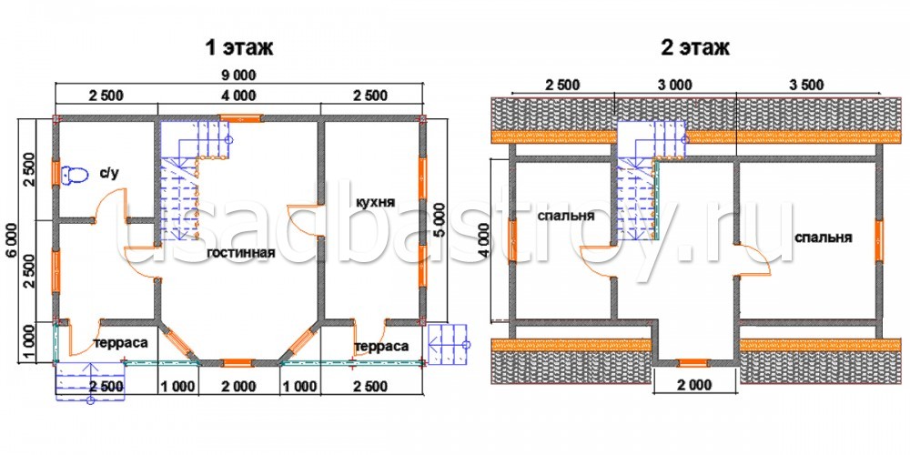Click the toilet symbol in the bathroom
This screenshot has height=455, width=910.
point(74,175)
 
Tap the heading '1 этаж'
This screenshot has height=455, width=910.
point(238,47)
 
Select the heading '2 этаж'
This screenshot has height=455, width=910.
point(695,47)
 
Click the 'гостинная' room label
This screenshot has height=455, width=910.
point(239,253)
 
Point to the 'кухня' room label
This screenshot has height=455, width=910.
point(376,203)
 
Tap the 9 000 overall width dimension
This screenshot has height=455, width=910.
point(238,75)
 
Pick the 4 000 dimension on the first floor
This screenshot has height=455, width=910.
point(238,96)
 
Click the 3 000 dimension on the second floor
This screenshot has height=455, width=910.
point(675,86)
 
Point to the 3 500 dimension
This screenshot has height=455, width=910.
point(806,86)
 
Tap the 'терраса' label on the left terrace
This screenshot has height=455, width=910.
point(120,343)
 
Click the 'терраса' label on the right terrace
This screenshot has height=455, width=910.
point(380,347)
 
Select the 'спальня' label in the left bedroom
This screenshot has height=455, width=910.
point(566,216)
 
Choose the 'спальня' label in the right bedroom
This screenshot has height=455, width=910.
point(823,238)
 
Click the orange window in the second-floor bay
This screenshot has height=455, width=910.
point(693,363)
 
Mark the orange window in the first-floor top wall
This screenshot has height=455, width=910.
point(241,117)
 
